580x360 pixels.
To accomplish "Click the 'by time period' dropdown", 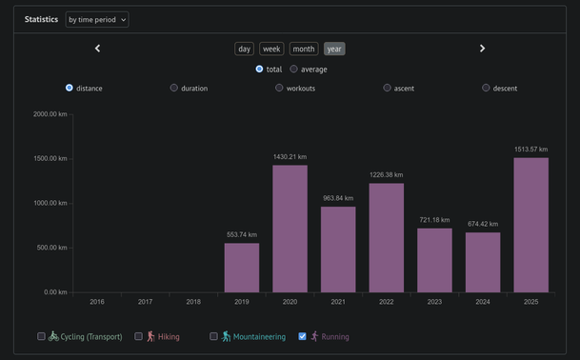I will coord(97,19).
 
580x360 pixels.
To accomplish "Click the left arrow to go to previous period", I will coord(97,49).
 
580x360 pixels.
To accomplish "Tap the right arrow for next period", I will coord(482,49).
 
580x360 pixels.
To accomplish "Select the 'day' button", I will coord(245,49).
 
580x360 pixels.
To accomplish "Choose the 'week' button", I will coord(271,49).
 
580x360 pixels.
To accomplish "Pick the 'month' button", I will coord(303,49).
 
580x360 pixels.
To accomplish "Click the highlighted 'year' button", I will coord(334,49).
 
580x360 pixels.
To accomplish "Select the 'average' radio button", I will coord(294,70).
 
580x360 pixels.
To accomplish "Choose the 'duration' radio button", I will coord(174,88).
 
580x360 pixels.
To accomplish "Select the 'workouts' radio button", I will coord(280,88).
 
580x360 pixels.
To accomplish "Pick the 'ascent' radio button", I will coord(388,88).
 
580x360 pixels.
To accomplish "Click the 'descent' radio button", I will coord(486,88).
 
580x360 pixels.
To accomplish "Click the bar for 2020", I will coord(290,229).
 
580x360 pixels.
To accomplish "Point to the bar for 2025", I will coord(530,225).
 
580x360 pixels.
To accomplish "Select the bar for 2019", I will coord(242,268).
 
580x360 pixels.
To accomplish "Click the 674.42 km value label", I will coord(482,224).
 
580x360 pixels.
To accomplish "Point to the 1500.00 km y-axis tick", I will coord(50,158).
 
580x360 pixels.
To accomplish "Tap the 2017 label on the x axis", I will coord(145,302).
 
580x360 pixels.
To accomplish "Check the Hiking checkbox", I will coord(139,336).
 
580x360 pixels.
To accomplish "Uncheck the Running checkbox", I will coord(303,336).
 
